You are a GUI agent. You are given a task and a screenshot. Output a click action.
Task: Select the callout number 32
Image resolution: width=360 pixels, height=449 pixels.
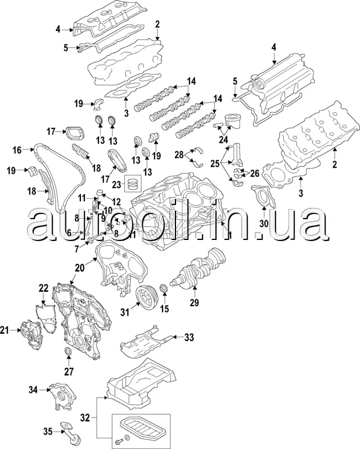point(84,418)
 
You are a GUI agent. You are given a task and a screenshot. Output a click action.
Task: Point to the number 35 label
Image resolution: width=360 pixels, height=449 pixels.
point(48,432)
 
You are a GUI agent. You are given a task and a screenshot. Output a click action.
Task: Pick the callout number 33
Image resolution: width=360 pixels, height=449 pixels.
point(188,337)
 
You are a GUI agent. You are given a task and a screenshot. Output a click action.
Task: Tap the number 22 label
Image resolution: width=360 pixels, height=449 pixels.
point(43,288)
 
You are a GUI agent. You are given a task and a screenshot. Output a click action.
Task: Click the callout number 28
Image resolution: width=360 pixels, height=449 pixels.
point(179,154)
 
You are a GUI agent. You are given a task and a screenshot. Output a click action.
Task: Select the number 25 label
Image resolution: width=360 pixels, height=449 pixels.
point(215,164)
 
